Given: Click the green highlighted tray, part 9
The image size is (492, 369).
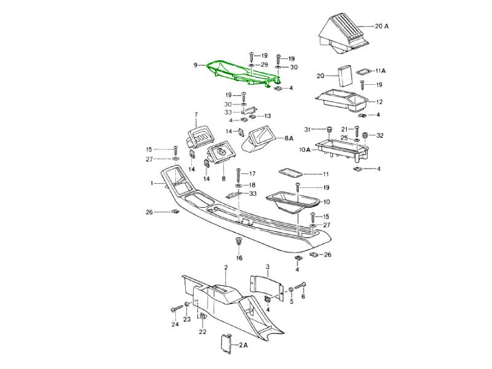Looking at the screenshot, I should point(240,73).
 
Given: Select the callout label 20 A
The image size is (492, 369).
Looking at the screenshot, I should point(382,26).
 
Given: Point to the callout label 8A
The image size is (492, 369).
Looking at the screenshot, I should point(289,140).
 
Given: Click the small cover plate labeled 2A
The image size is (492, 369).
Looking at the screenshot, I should point(225,343).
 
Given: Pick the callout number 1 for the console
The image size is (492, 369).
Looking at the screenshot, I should point(151,183).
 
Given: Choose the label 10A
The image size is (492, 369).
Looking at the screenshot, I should point(305,149).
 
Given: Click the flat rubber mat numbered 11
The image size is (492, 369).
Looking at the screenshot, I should point(290,172).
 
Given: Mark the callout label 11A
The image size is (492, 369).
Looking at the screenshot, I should point(380,71).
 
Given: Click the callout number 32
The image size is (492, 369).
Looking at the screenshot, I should point(379,135).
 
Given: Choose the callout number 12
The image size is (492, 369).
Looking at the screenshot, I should point(379,102).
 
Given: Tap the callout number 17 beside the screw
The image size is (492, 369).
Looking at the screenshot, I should point(252,173).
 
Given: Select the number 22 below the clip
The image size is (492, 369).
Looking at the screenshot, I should point(202,332).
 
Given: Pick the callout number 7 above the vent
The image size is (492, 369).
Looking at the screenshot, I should point(196,115).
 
